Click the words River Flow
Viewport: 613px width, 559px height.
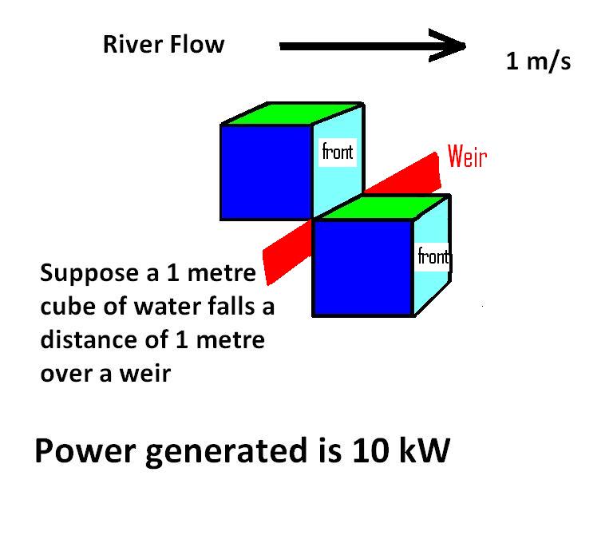164,45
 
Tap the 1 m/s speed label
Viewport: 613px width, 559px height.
538,61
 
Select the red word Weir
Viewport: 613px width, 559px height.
466,157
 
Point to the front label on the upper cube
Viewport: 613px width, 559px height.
337,152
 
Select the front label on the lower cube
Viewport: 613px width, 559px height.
433,257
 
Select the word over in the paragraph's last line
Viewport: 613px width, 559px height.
67,373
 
